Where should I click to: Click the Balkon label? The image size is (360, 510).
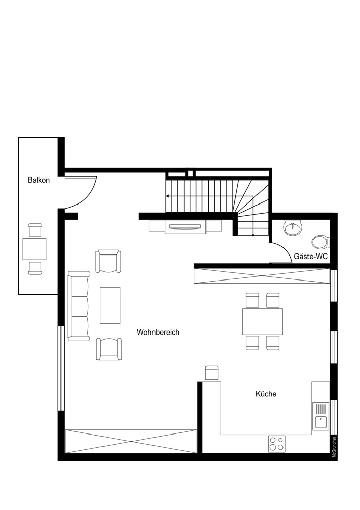pos(39,180)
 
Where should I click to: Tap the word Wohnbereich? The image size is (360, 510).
pos(158,332)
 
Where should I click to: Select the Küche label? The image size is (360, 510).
pos(266,394)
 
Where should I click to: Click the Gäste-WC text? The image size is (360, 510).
pos(310,257)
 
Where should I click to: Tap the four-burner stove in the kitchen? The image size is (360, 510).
pos(277,443)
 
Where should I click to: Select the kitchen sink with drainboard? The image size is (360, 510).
pos(320,416)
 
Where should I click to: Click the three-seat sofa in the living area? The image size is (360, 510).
pos(78,306)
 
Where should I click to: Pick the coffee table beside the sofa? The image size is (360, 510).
pos(110,304)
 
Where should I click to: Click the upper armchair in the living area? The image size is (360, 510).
pos(109,261)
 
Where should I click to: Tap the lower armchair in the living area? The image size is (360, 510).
pos(109,349)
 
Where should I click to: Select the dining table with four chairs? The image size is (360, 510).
pos(263,321)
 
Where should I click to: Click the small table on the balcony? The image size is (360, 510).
pos(35,249)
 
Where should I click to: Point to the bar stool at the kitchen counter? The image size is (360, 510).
pos(212,373)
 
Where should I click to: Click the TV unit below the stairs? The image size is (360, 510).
pos(186,226)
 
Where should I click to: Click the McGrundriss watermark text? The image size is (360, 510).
pos(335,448)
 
